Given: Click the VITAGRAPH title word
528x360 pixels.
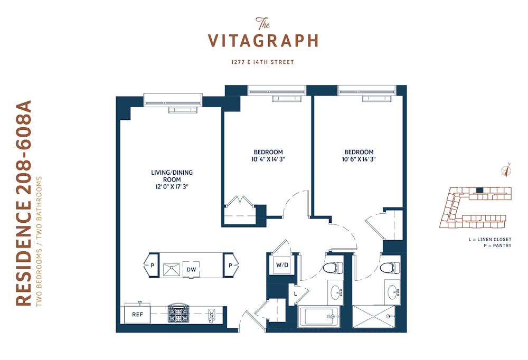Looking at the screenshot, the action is click(x=263, y=41).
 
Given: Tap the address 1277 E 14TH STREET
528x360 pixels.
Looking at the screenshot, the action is click(x=262, y=62).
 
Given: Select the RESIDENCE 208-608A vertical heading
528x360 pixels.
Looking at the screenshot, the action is click(x=24, y=203).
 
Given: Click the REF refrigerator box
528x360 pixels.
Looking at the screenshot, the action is click(x=137, y=314).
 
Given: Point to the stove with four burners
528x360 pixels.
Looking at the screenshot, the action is click(x=179, y=314).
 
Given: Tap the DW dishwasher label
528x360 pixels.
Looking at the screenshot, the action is click(x=191, y=269).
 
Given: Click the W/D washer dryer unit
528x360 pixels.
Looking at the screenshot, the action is click(x=282, y=264).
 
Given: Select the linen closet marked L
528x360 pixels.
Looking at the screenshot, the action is click(x=295, y=293).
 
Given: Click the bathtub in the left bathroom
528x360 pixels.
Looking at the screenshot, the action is click(x=319, y=317).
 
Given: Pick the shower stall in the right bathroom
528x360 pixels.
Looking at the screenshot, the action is click(x=373, y=317).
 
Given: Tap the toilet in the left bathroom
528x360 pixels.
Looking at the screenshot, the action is click(x=333, y=268).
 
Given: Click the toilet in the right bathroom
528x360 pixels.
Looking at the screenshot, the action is click(x=390, y=268).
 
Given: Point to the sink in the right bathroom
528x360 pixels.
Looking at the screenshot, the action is click(x=393, y=291).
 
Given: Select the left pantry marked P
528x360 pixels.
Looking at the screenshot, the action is click(x=152, y=265).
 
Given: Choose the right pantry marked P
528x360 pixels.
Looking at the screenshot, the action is click(x=231, y=265).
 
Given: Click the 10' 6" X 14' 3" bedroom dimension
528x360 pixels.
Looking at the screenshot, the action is click(x=359, y=159).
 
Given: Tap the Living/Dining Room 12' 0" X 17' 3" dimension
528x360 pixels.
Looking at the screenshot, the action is click(x=172, y=186).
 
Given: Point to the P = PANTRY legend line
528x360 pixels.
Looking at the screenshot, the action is click(x=497, y=245).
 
